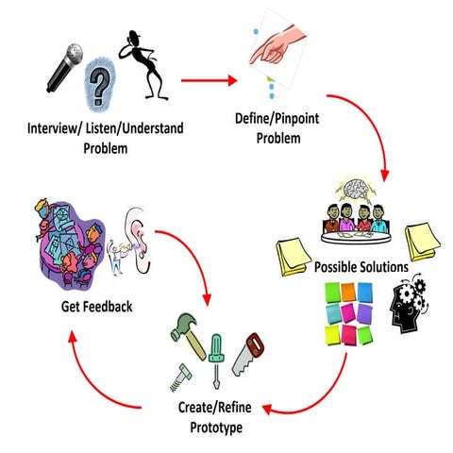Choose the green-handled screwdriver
217,353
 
